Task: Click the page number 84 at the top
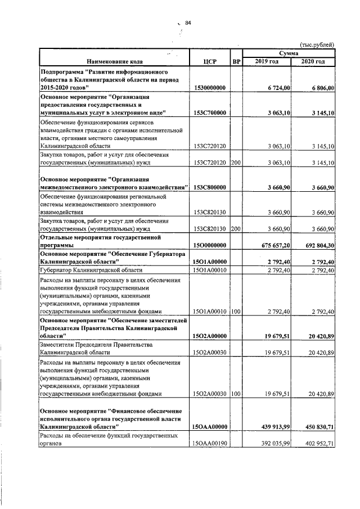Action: (x=188, y=22)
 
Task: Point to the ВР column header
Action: (x=236, y=61)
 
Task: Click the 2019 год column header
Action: (x=266, y=61)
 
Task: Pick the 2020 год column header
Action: (x=313, y=61)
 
